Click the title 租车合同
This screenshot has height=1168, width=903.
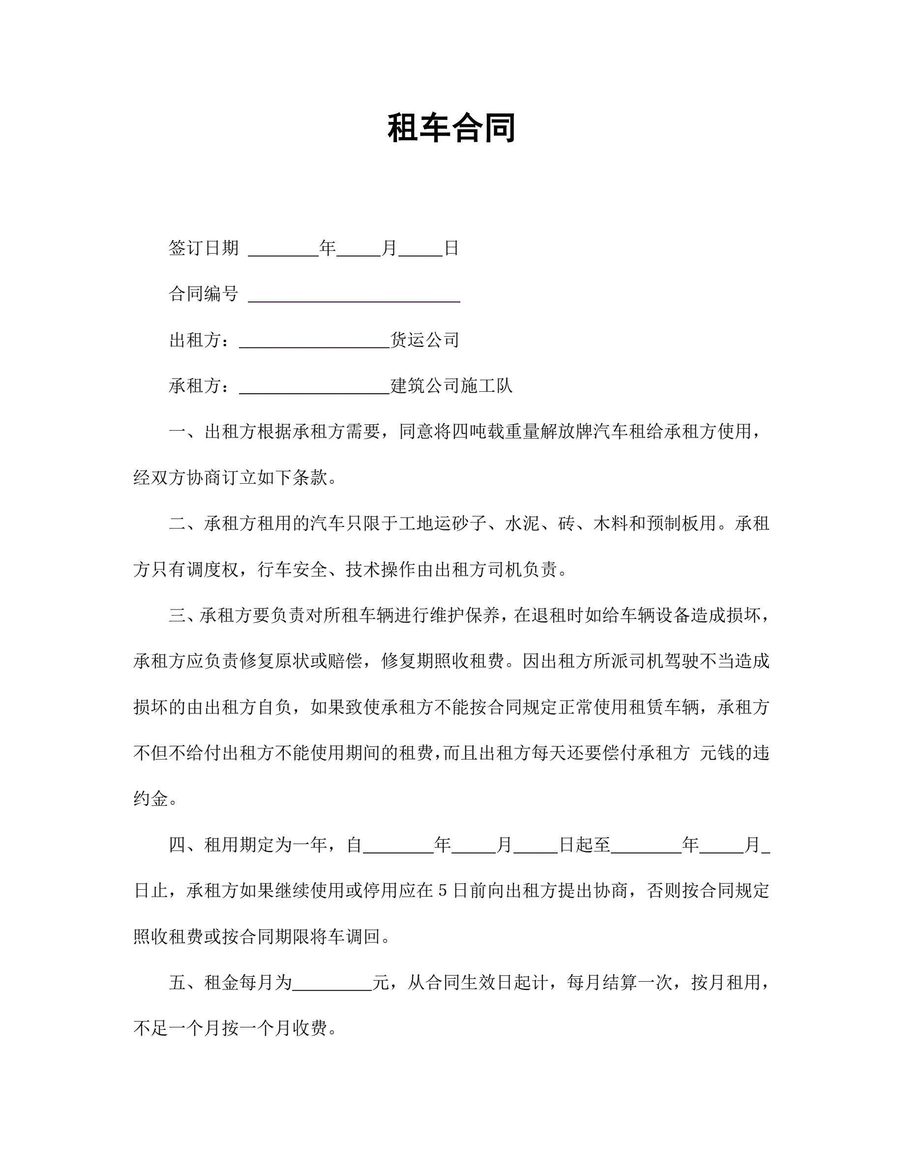tap(451, 128)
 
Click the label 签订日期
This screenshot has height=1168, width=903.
tap(203, 248)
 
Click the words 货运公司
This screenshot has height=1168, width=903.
tap(425, 340)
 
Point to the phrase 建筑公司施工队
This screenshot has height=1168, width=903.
tap(451, 385)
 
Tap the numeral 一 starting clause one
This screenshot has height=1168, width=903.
tap(177, 432)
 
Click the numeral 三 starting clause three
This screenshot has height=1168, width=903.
tap(177, 615)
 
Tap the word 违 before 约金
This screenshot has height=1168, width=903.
tap(761, 754)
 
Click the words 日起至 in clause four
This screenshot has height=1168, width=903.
tap(584, 846)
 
